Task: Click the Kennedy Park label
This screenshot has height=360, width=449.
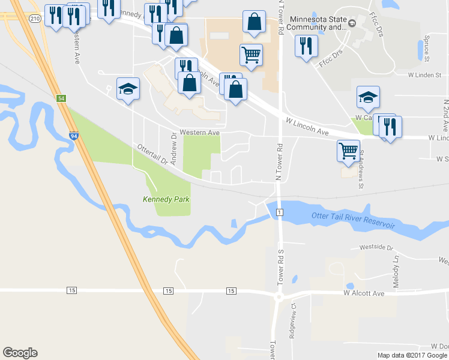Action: pyautogui.click(x=161, y=199)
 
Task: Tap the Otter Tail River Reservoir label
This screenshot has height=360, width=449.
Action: pyautogui.click(x=354, y=220)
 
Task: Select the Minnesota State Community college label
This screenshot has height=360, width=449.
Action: pyautogui.click(x=319, y=23)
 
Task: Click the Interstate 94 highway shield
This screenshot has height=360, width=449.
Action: pyautogui.click(x=73, y=136)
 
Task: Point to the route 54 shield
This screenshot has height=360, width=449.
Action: pyautogui.click(x=61, y=98)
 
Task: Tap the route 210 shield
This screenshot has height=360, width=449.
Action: pyautogui.click(x=35, y=18)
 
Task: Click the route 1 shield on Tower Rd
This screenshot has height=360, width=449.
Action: pyautogui.click(x=280, y=212)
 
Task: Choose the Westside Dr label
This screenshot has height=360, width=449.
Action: pyautogui.click(x=376, y=247)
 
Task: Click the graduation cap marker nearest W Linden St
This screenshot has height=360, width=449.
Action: pyautogui.click(x=368, y=96)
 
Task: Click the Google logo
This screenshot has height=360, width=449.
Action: pyautogui.click(x=20, y=353)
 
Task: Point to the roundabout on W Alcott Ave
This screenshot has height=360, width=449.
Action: pyautogui.click(x=278, y=296)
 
